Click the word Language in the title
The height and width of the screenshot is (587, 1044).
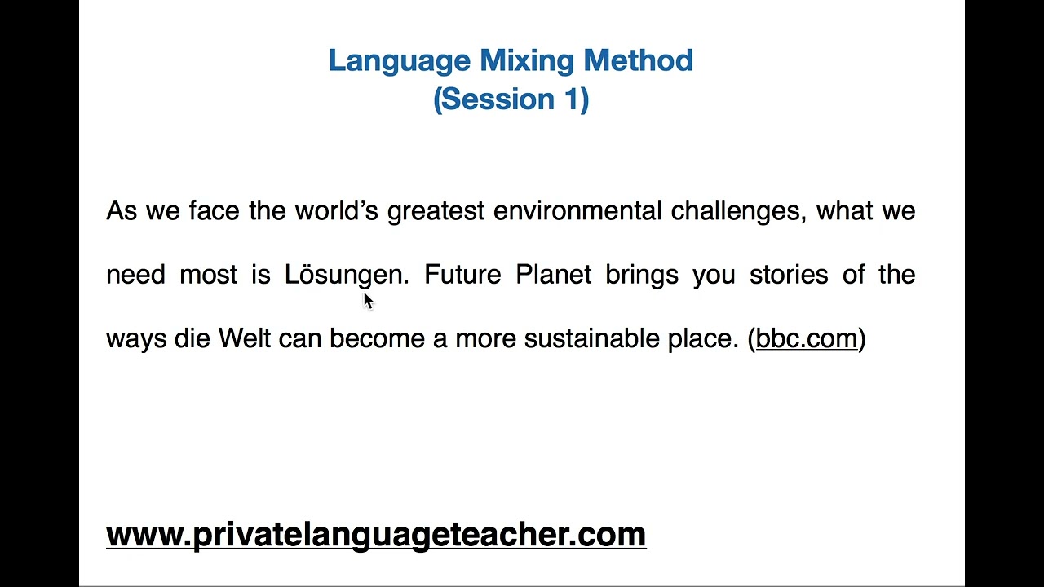(399, 61)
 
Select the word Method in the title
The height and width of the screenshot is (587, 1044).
(638, 60)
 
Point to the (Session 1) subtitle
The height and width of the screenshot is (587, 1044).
(511, 99)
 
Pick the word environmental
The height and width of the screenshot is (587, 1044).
(577, 211)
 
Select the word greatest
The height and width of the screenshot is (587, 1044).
(436, 211)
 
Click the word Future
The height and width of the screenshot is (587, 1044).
(462, 275)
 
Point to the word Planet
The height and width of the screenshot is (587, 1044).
(553, 275)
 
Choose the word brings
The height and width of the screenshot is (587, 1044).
(641, 276)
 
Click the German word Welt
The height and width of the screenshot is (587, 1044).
(244, 338)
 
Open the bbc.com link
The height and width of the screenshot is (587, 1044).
(806, 338)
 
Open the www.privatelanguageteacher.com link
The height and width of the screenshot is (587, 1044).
(376, 535)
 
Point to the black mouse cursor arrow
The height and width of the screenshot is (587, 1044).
(367, 300)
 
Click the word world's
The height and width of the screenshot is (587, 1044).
(336, 211)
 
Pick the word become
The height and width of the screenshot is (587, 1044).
(377, 338)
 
